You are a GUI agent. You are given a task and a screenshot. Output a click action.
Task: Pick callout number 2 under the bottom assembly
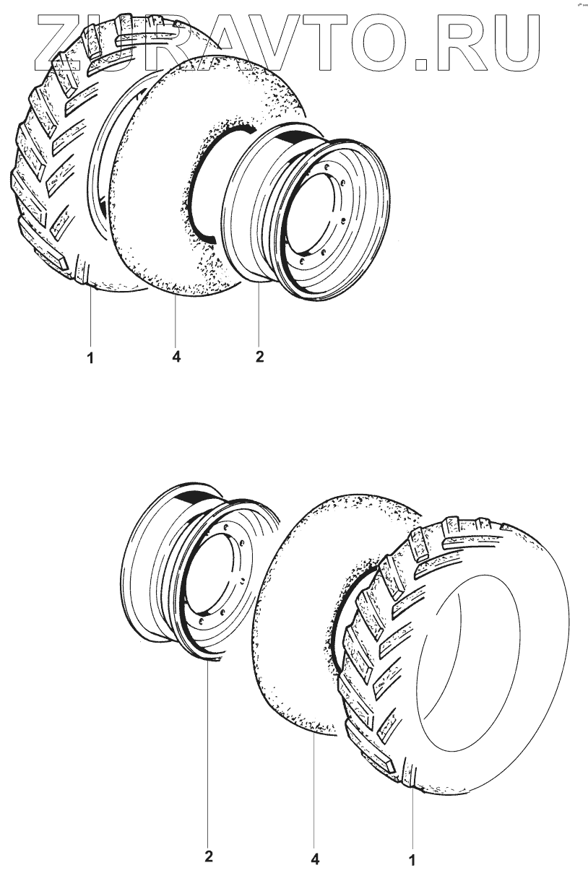(208, 857)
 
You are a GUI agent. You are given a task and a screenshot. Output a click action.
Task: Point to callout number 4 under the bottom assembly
(315, 859)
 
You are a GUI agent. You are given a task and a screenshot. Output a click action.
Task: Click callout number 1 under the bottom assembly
(412, 861)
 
